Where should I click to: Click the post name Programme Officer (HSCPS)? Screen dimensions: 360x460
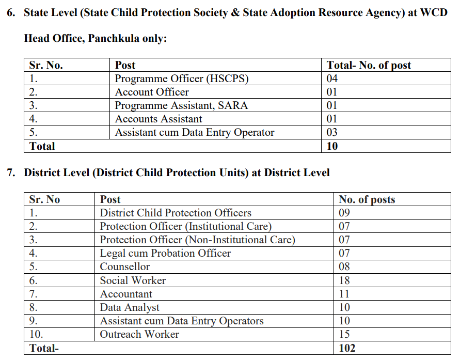[182, 79]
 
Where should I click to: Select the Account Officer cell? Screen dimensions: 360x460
[152, 92]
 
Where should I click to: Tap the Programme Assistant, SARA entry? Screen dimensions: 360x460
[181, 106]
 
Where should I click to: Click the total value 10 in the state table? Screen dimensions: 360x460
[332, 146]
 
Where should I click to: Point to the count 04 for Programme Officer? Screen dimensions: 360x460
[332, 79]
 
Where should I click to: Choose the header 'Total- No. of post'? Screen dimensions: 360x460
[369, 66]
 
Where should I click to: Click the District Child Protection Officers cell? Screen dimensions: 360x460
[176, 213]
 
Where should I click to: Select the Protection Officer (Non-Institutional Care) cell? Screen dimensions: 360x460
[197, 240]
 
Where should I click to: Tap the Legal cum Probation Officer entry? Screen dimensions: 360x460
[165, 254]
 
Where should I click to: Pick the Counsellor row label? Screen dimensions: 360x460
[125, 267]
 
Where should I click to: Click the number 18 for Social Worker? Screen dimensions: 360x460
[344, 280]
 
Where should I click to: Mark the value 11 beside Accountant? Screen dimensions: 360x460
[344, 294]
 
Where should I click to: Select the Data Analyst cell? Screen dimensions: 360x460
[130, 307]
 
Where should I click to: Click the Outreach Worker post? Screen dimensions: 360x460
[139, 334]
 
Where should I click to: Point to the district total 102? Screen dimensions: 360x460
[347, 348]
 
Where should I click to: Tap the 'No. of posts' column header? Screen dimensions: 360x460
[367, 200]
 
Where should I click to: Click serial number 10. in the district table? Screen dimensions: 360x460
[37, 334]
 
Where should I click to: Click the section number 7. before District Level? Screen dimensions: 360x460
[11, 173]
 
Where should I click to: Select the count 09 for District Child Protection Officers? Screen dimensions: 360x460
[344, 213]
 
